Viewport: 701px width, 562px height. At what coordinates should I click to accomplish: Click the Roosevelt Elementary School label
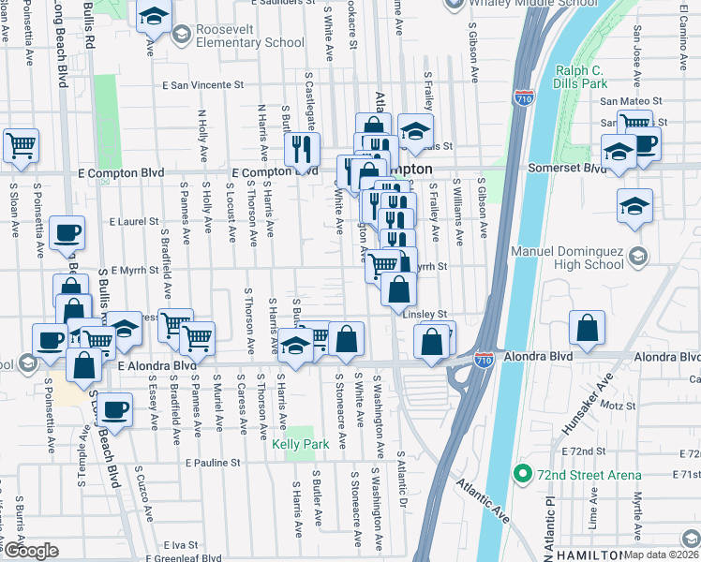(x=249, y=36)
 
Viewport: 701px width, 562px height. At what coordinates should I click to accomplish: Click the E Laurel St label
(x=136, y=222)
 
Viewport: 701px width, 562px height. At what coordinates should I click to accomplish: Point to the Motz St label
(x=619, y=406)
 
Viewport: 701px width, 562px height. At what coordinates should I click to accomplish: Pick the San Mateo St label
(x=631, y=100)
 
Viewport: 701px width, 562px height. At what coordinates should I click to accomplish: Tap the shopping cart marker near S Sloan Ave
(x=21, y=145)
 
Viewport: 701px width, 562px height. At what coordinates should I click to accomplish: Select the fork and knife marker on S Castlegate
(x=302, y=149)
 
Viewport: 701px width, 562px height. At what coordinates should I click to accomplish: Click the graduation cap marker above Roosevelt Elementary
(x=153, y=17)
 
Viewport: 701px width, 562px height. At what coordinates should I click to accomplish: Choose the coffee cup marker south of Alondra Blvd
(x=115, y=409)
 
